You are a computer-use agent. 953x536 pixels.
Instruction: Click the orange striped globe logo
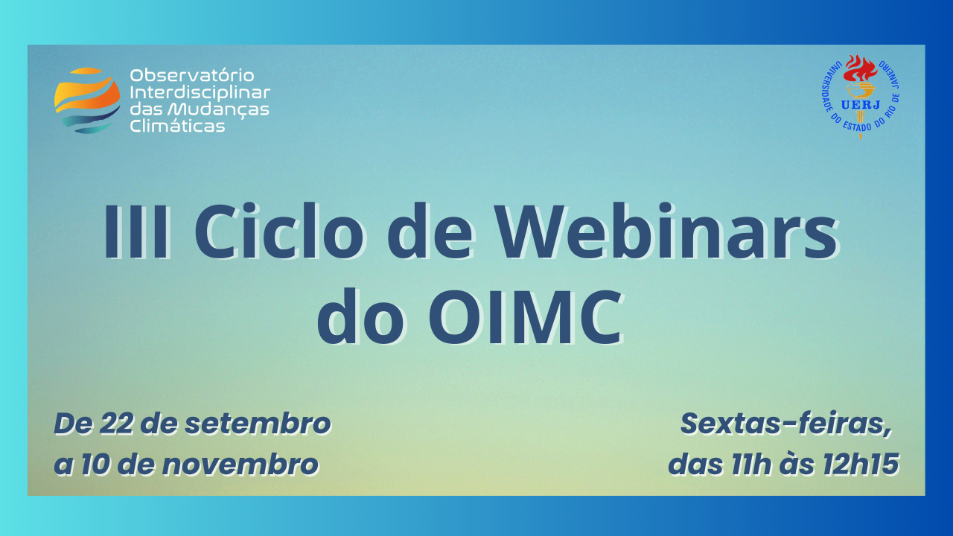point(87,100)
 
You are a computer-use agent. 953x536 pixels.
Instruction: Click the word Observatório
point(192,76)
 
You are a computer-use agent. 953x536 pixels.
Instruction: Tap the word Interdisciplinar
point(200,93)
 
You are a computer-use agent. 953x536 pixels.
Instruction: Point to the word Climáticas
point(177,126)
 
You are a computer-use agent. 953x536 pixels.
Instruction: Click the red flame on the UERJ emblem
point(860,68)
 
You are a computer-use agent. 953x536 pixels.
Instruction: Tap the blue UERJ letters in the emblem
point(860,105)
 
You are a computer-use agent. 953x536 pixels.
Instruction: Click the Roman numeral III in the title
point(136,232)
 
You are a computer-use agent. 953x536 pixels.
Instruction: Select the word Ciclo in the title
point(279,231)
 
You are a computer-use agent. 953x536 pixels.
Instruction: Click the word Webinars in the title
point(668,231)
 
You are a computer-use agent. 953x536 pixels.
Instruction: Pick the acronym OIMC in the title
point(526,317)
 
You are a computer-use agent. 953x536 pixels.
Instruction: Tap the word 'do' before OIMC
point(361,316)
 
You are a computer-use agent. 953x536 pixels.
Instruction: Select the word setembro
point(258,424)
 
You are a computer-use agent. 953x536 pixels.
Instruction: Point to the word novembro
point(240,464)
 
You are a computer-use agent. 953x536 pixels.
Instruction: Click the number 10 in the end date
point(95,464)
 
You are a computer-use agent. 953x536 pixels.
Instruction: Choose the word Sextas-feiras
point(785,425)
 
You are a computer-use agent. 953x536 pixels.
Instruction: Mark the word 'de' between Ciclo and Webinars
point(430,231)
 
